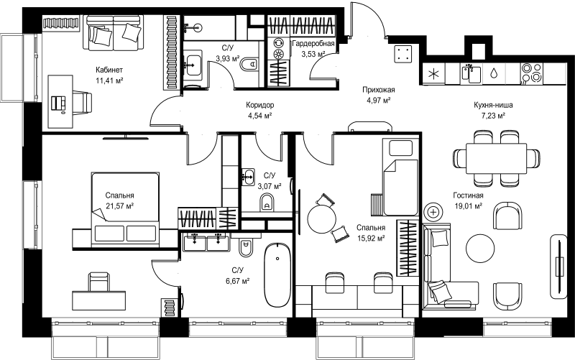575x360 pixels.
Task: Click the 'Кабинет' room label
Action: (109, 70)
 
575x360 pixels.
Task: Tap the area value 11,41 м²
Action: (109, 80)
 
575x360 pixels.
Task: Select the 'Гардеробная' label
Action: (313, 44)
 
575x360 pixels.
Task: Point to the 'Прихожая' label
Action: (379, 90)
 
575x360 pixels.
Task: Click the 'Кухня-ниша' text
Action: (493, 105)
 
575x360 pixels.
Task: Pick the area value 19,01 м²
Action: (469, 206)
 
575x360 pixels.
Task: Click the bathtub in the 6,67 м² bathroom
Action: (277, 275)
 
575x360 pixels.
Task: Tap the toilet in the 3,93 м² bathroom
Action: (249, 65)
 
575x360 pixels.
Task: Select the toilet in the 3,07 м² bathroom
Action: (267, 203)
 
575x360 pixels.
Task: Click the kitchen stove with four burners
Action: (532, 73)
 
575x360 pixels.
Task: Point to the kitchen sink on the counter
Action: (471, 73)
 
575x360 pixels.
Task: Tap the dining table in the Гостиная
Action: (496, 158)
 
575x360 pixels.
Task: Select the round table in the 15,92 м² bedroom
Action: (321, 219)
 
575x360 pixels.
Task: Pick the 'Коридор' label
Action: (259, 105)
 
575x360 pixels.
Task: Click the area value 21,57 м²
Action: (119, 206)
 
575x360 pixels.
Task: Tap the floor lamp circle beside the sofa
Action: (433, 212)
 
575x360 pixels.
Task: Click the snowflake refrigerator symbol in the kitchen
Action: (433, 74)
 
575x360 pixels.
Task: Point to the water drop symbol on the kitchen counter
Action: (494, 73)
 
